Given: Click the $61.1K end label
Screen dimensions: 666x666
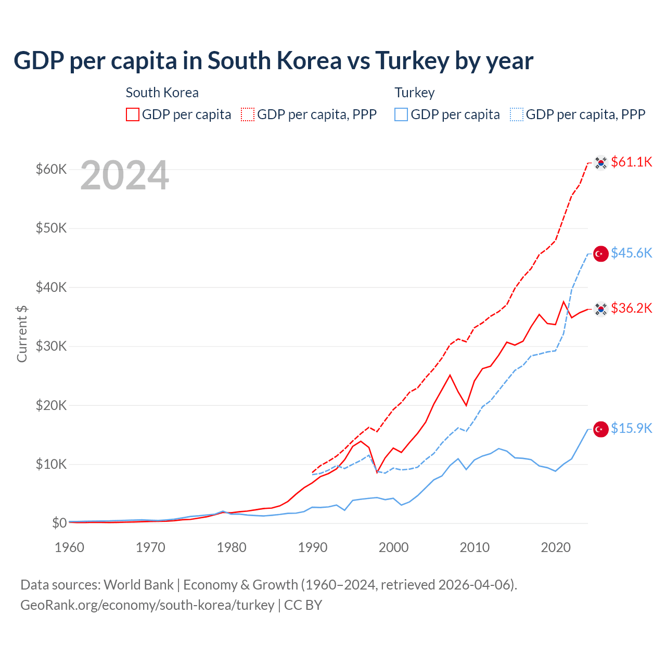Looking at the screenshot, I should pos(631,162).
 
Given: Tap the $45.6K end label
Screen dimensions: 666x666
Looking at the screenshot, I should pos(631,253).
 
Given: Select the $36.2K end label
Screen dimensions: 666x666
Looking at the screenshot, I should pos(631,308).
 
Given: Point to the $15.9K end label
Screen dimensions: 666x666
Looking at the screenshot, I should pos(631,428).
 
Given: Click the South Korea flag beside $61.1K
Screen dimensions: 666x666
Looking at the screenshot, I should pos(601,163).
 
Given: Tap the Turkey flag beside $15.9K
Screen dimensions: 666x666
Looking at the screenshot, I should pos(601,429).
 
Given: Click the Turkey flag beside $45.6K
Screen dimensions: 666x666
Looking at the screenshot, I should pos(601,254).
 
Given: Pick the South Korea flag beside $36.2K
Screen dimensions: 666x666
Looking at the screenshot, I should pos(601,309).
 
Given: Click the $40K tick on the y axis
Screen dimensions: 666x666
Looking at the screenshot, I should pos(51,287).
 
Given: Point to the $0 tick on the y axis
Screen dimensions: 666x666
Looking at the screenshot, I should pos(59,523).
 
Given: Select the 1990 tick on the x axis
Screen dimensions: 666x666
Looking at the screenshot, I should pos(313,547).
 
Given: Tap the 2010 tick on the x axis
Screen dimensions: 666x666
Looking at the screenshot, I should pos(475,547).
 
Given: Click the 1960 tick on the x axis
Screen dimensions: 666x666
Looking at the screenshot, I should pos(70,547).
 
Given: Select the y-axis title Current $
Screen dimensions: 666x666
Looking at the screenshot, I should pos(22,334).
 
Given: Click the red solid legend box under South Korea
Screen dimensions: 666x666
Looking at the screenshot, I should pos(133,114).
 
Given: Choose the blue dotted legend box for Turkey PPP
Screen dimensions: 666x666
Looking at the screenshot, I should pos(517,114).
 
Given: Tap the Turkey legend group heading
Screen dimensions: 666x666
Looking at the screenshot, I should pos(414,93).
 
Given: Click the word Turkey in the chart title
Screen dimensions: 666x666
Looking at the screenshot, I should pos(412,61).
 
